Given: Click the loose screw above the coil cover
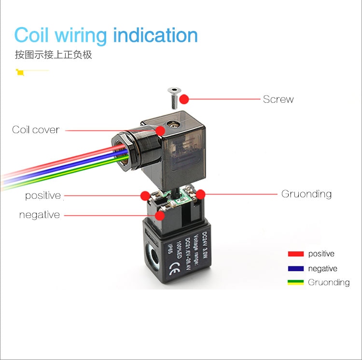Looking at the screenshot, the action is coord(174,98).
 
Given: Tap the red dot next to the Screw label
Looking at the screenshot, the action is coord(184,99).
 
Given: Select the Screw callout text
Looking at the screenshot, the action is coord(278,99).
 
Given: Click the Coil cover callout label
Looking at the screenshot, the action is coord(36,130).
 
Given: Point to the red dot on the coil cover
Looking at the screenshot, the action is coord(160,131).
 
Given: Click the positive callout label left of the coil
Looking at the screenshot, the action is coord(43,195).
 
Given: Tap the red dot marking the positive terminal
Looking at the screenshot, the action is coord(145,196).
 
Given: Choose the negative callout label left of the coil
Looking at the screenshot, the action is coord(40,215).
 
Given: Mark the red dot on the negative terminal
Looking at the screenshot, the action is coord(160,216).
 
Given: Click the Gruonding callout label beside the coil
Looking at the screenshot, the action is coord(306,194).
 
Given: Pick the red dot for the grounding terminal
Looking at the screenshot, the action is coord(201,194).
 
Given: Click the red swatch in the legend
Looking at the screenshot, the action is coord(296,254).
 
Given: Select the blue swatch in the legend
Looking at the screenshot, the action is coord(296,269).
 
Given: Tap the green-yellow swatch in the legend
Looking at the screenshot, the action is coord(295,282).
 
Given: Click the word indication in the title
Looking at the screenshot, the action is coord(155,35).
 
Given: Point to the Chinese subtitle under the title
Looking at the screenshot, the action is coord(54,55).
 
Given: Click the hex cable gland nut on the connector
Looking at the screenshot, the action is coord(123,151).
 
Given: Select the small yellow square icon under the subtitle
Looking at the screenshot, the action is coord(20,72).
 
